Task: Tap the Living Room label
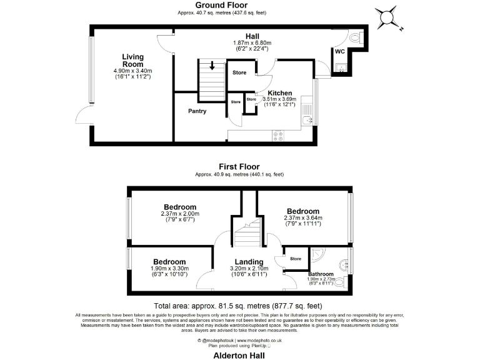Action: tap(132, 61)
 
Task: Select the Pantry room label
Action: tap(197, 111)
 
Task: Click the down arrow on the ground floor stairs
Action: tap(212, 66)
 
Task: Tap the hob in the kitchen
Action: tap(277, 134)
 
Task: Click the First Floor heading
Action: tap(239, 167)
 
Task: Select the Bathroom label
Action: tap(321, 274)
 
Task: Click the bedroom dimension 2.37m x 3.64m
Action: tap(303, 218)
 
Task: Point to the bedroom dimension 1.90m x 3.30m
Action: tap(169, 269)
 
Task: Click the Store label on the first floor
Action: tap(296, 258)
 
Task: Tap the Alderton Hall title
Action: tap(239, 354)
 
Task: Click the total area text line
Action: tap(239, 306)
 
